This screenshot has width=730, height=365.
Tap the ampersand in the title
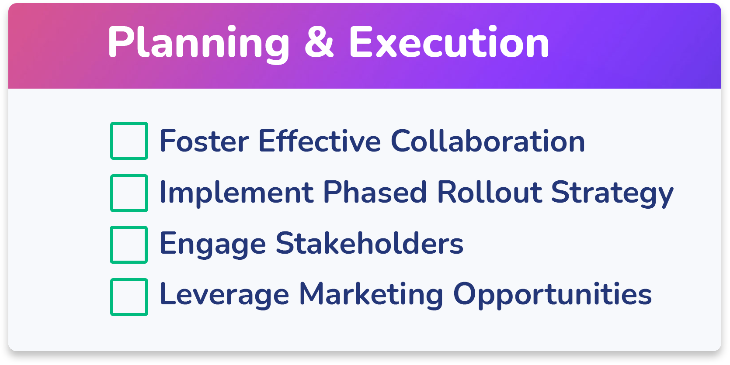point(319,42)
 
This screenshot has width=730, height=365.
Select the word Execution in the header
point(449,42)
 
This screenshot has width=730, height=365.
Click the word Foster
point(205,141)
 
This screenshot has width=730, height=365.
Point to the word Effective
point(320,141)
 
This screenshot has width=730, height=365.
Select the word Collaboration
point(488,141)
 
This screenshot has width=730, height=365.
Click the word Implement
point(237,193)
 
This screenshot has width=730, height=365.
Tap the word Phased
point(375,192)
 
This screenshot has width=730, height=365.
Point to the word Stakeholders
point(369,243)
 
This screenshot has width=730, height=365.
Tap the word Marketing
point(371,296)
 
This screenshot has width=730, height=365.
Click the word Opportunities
point(553,296)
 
